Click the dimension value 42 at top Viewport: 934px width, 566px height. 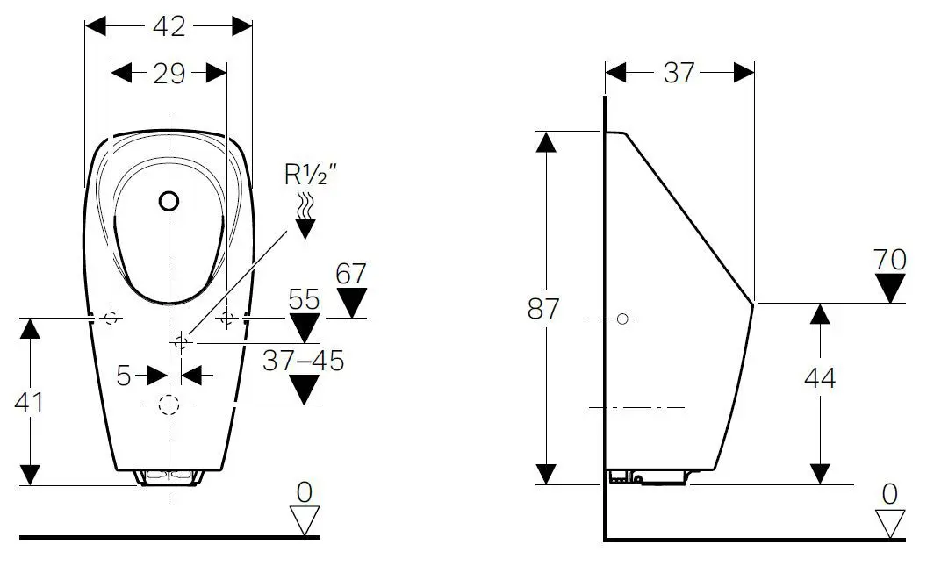pyautogui.click(x=169, y=26)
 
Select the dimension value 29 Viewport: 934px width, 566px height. pyautogui.click(x=169, y=73)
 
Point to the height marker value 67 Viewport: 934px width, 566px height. pyautogui.click(x=350, y=273)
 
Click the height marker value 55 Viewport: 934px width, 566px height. pyautogui.click(x=304, y=299)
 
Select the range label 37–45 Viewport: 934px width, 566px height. pyautogui.click(x=304, y=360)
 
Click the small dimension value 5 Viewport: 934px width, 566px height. pyautogui.click(x=124, y=376)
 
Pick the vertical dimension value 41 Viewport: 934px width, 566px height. pyautogui.click(x=30, y=402)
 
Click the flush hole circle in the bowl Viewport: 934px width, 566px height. pyautogui.click(x=169, y=202)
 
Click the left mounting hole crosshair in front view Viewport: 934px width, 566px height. pyautogui.click(x=111, y=319)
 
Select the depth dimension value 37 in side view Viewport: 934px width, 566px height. pyautogui.click(x=679, y=73)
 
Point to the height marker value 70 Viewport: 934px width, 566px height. pyautogui.click(x=890, y=260)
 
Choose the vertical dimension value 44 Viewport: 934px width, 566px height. pyautogui.click(x=820, y=378)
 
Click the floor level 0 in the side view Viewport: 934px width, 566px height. pyautogui.click(x=890, y=494)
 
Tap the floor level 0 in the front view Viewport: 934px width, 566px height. pyautogui.click(x=304, y=492)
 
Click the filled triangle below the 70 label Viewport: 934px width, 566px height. pyautogui.click(x=891, y=288)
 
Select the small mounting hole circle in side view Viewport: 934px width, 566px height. pyautogui.click(x=623, y=319)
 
